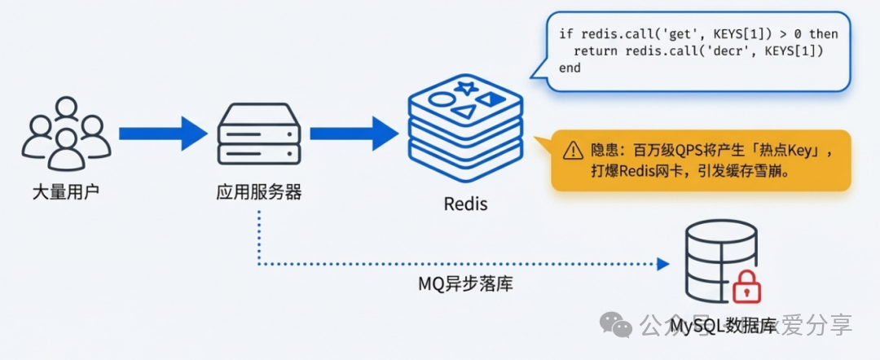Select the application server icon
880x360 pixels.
(x=259, y=134)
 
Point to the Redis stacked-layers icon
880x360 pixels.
(x=464, y=126)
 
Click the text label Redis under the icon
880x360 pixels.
(x=465, y=204)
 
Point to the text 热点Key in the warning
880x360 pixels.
(x=794, y=151)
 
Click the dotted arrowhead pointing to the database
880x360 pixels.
(x=663, y=264)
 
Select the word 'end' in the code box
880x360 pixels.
(x=570, y=68)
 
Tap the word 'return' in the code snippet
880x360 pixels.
(x=596, y=50)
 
